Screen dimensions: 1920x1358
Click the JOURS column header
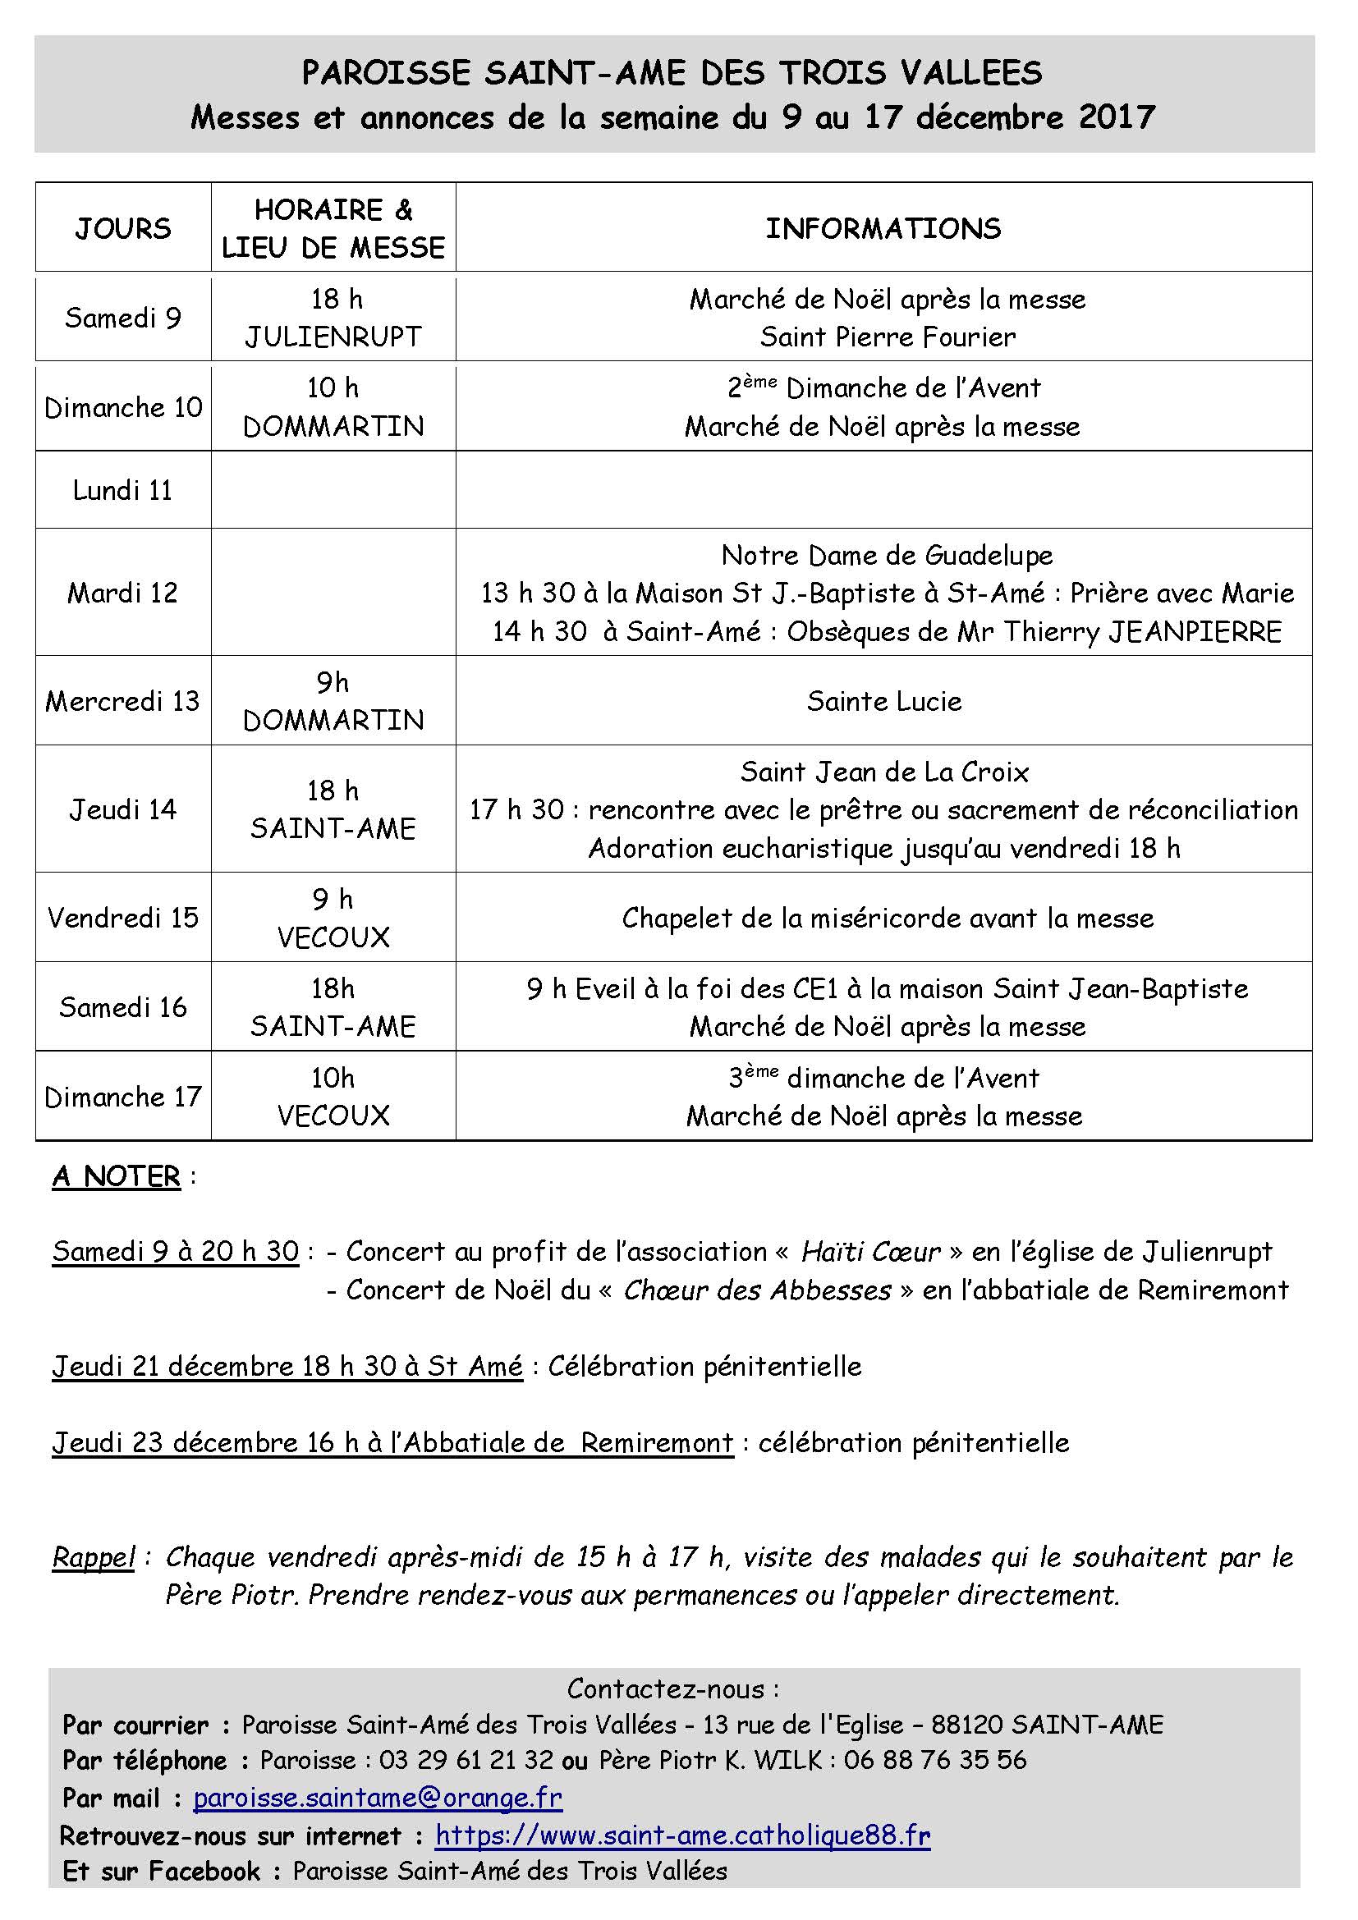click(123, 228)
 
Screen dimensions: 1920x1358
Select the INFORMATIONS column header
click(883, 228)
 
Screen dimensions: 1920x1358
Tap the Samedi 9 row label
click(123, 318)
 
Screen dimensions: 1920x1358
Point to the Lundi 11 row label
click(123, 490)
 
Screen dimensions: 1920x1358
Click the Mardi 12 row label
click(123, 593)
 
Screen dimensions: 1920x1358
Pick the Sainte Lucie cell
click(884, 701)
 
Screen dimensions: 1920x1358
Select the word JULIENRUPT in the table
click(333, 337)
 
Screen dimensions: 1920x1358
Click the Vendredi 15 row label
click(123, 918)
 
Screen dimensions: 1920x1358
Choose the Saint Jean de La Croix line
click(884, 771)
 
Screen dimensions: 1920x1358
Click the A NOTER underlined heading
click(117, 1176)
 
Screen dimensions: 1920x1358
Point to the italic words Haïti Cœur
click(870, 1252)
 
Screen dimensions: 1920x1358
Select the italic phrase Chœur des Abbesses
click(757, 1290)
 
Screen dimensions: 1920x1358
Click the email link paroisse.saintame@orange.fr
click(377, 1797)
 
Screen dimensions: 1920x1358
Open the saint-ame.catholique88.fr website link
click(682, 1835)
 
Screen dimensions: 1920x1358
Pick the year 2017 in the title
click(1117, 117)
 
